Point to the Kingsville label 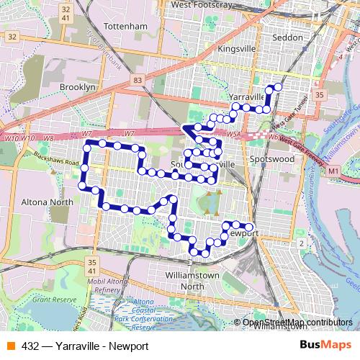pyautogui.click(x=236, y=50)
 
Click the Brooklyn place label pyautogui.click(x=78, y=86)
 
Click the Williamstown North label pyautogui.click(x=194, y=281)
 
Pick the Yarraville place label pyautogui.click(x=245, y=96)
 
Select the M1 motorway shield pyautogui.click(x=333, y=171)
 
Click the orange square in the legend pyautogui.click(x=11, y=346)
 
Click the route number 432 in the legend pyautogui.click(x=30, y=346)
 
